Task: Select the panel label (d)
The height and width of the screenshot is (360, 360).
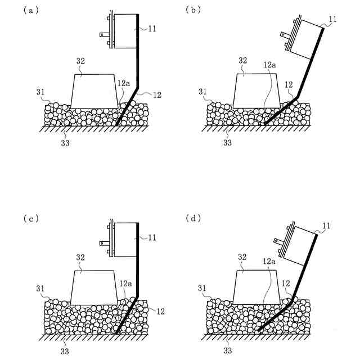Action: coord(196,218)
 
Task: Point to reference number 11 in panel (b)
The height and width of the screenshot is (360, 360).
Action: coord(333,20)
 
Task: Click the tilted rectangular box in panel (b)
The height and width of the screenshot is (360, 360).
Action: coord(304,42)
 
